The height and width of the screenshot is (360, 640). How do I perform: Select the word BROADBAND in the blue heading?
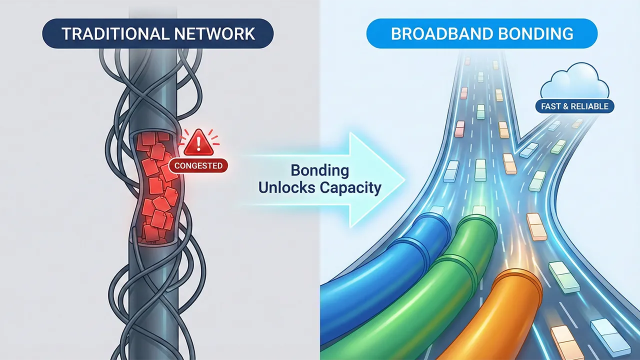434,34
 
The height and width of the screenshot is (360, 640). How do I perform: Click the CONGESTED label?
198,165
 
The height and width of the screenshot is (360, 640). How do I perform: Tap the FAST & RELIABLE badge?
574,106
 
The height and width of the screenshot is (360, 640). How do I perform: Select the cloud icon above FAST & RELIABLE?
575,83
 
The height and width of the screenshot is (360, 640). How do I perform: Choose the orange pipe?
480,325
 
